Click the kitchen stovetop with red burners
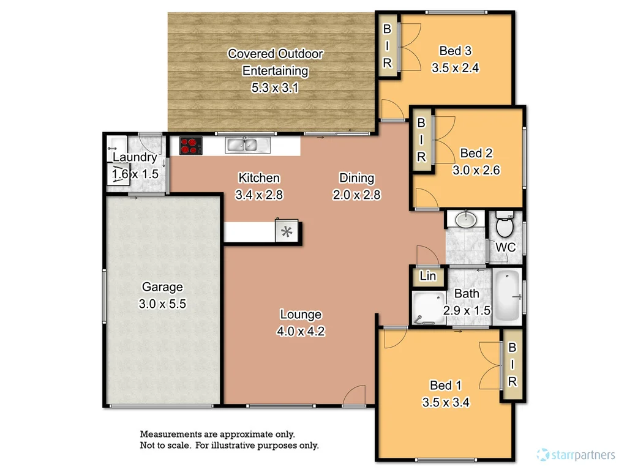(190, 146)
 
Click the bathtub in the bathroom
(506, 297)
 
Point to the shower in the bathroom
(427, 309)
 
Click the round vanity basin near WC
(467, 218)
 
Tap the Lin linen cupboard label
(428, 277)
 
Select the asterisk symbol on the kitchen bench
(286, 231)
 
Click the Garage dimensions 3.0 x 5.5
(162, 303)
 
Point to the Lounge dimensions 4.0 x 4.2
(301, 332)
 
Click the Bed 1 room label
(445, 385)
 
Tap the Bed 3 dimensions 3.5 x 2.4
(455, 68)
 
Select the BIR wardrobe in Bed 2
(421, 140)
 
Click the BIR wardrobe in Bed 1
(512, 365)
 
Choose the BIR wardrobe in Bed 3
(388, 46)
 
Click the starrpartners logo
(575, 454)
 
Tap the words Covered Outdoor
(275, 54)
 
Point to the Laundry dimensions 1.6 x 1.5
(135, 174)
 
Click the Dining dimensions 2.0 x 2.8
(357, 195)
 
